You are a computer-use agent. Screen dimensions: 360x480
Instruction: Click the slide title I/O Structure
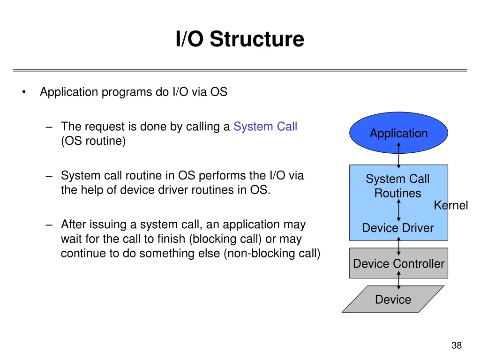(240, 39)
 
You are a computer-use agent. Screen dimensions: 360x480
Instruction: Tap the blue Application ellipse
(398, 133)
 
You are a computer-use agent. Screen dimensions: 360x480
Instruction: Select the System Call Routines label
(397, 186)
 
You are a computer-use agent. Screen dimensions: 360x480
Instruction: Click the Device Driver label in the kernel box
(397, 228)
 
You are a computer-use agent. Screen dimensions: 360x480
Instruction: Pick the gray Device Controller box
(398, 263)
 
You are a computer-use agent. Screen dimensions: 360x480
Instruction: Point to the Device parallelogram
(393, 300)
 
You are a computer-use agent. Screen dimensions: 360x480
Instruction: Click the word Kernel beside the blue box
(450, 205)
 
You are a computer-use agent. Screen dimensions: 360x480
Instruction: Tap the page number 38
(456, 346)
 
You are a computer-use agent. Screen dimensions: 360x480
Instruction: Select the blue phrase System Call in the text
(265, 127)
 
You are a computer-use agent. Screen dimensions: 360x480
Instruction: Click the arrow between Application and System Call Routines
(399, 155)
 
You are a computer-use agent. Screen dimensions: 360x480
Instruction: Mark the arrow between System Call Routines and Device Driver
(398, 210)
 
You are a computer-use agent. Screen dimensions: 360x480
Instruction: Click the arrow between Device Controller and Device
(399, 280)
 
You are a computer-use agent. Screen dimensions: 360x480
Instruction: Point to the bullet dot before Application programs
(23, 92)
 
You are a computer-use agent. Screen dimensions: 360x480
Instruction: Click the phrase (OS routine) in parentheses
(93, 141)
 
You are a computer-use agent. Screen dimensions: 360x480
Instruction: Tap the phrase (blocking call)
(225, 239)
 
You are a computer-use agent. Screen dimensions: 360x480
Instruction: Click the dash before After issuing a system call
(50, 225)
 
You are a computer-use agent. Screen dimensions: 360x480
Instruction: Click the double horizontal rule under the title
(240, 70)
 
